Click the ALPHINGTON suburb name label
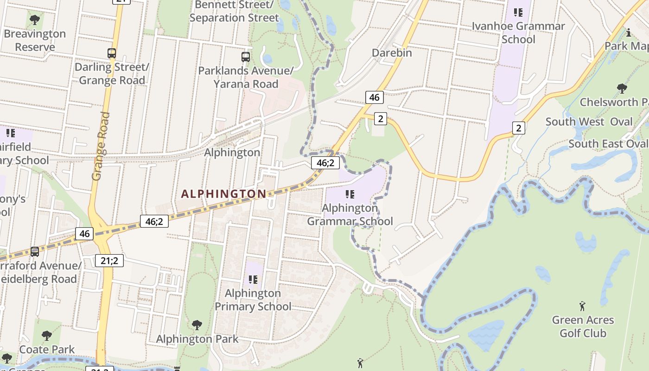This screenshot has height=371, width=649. coord(223,194)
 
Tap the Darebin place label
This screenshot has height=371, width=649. coord(392,53)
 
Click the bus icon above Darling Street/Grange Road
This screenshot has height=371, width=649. coord(112,53)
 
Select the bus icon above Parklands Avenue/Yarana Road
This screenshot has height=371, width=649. coord(246,57)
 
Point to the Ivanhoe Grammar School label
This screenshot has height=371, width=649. coord(518,32)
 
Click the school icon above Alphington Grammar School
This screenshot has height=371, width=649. coord(350,194)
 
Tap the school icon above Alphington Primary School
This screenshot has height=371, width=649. coord(253,280)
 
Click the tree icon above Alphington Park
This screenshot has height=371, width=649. coord(197,325)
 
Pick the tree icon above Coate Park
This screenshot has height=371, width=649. coord(47,336)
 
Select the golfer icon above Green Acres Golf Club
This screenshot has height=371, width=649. coord(583,306)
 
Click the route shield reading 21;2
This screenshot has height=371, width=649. coord(109,261)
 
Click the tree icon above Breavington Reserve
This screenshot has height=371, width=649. coord(34,20)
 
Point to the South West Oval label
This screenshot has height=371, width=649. coord(589,122)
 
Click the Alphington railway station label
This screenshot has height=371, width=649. coord(232,153)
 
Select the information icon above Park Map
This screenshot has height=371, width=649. coord(629,32)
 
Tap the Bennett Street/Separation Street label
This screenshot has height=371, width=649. coord(234,12)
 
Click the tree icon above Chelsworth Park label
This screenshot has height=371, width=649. coord(622,88)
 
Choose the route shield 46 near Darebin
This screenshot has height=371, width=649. coord(375,97)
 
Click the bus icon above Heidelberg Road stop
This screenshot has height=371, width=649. coord(35,252)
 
